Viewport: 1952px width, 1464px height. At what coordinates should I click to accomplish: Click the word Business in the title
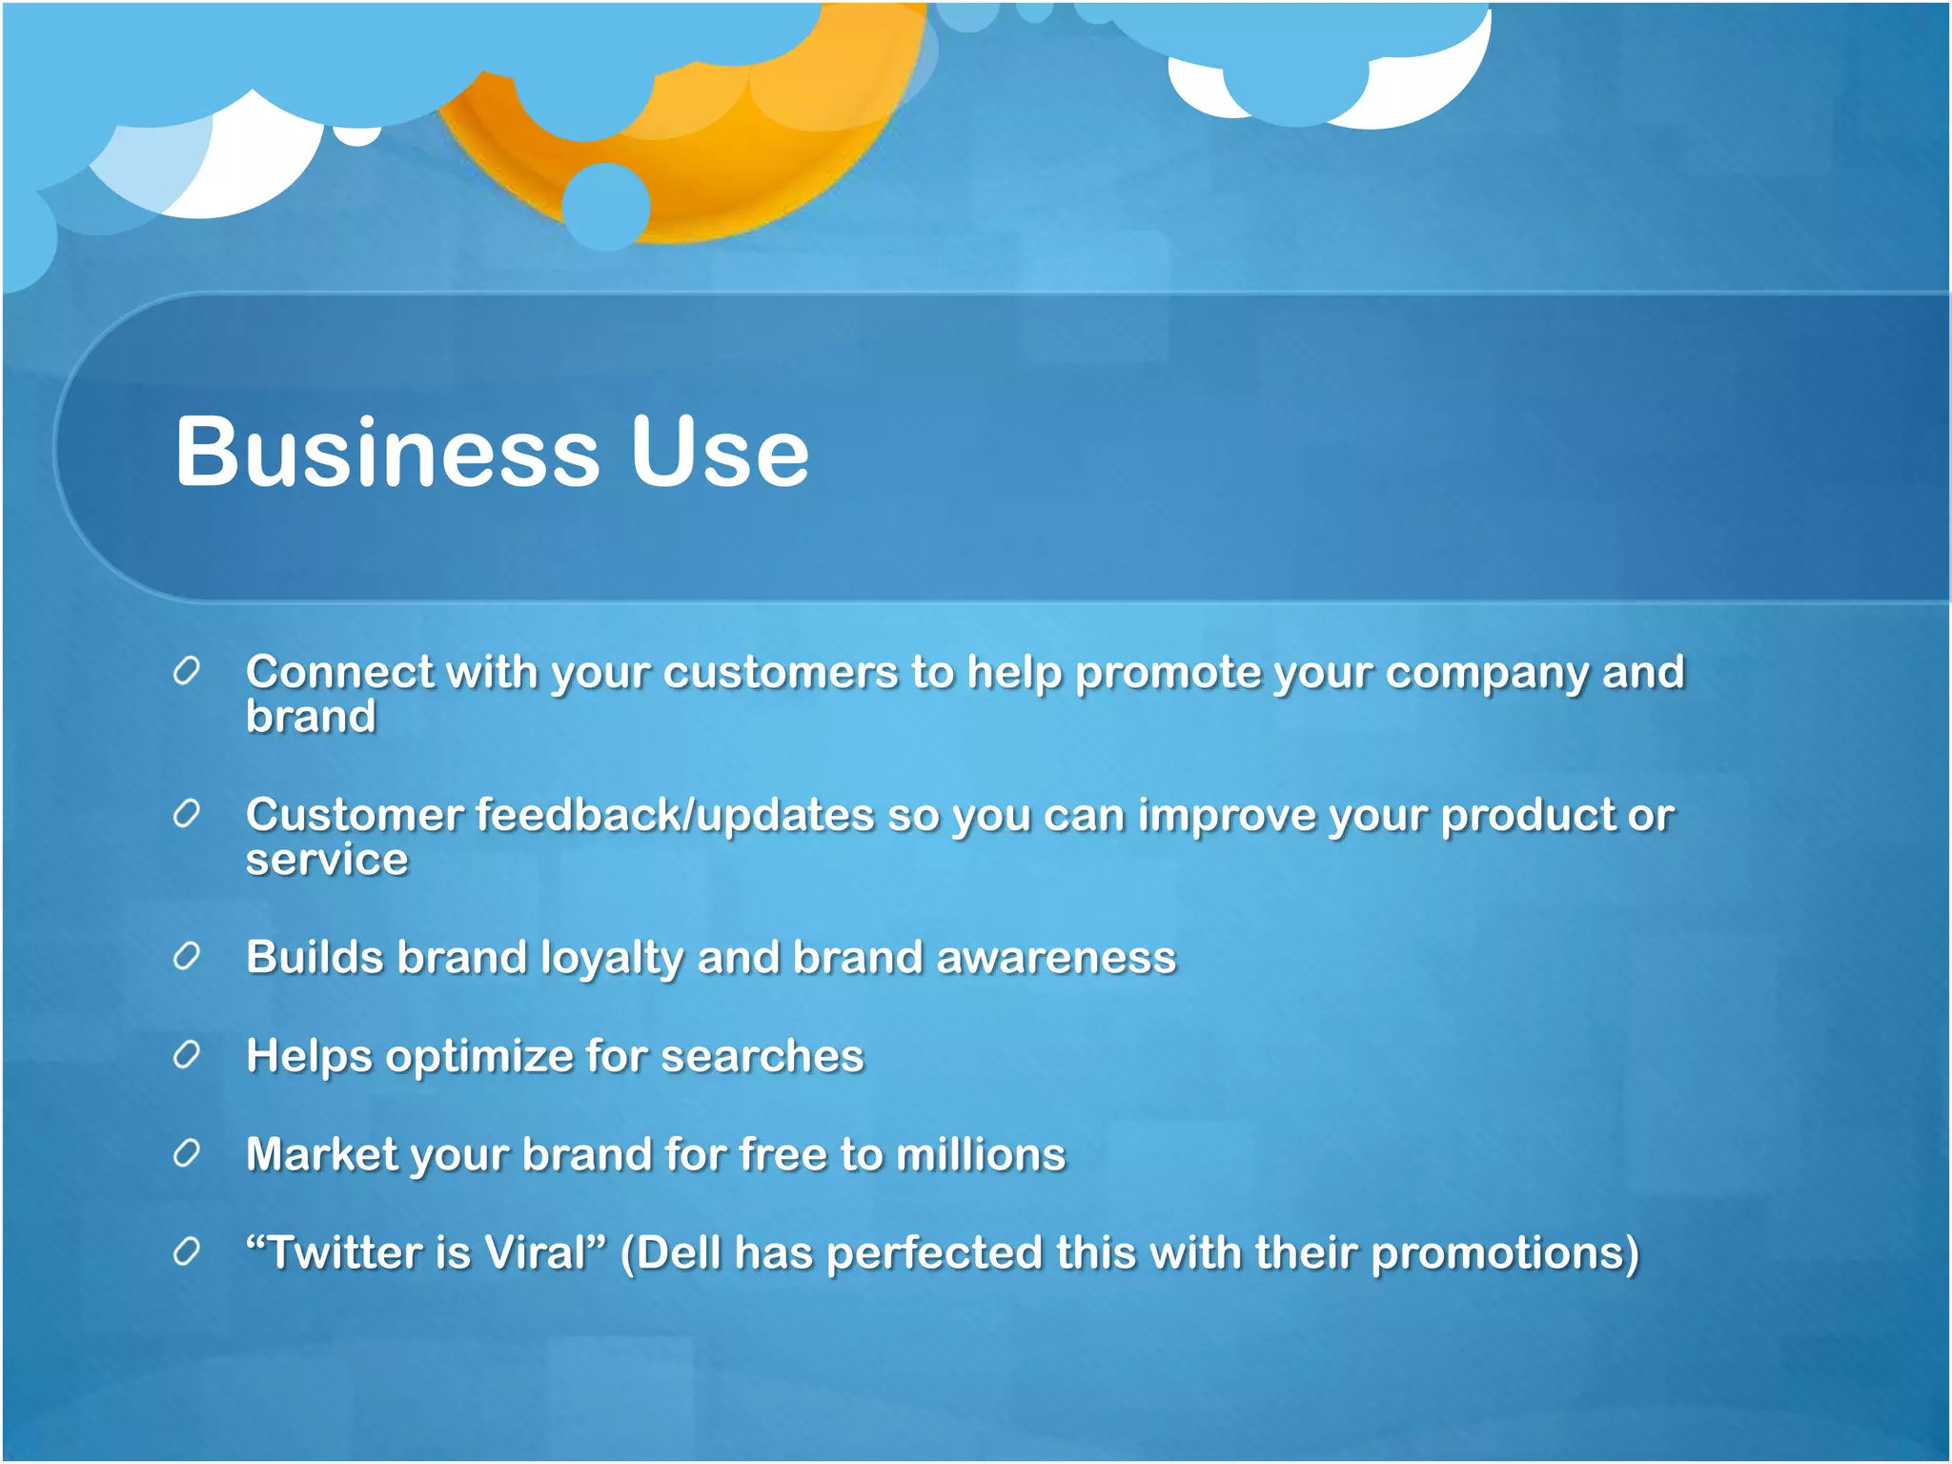click(x=387, y=452)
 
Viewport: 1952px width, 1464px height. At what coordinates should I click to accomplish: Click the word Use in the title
click(x=720, y=452)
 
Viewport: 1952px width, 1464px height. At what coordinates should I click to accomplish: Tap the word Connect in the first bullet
click(x=339, y=672)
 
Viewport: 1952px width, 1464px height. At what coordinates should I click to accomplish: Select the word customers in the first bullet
click(x=781, y=672)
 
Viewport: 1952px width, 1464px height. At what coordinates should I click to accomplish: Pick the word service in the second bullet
click(x=327, y=860)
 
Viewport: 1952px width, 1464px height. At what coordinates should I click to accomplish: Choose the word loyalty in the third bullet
click(x=611, y=959)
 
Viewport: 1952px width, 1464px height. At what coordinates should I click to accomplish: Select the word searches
click(x=762, y=1056)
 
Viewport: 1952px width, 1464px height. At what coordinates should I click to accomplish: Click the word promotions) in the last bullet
click(x=1505, y=1254)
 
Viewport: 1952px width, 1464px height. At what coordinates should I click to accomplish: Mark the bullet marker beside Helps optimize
click(x=187, y=1055)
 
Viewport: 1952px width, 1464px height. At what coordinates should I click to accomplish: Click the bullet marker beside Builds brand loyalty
click(x=187, y=956)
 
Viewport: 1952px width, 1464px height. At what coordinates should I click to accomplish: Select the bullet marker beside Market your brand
click(x=187, y=1153)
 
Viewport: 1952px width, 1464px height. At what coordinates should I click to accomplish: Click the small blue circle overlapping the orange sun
click(x=606, y=206)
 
